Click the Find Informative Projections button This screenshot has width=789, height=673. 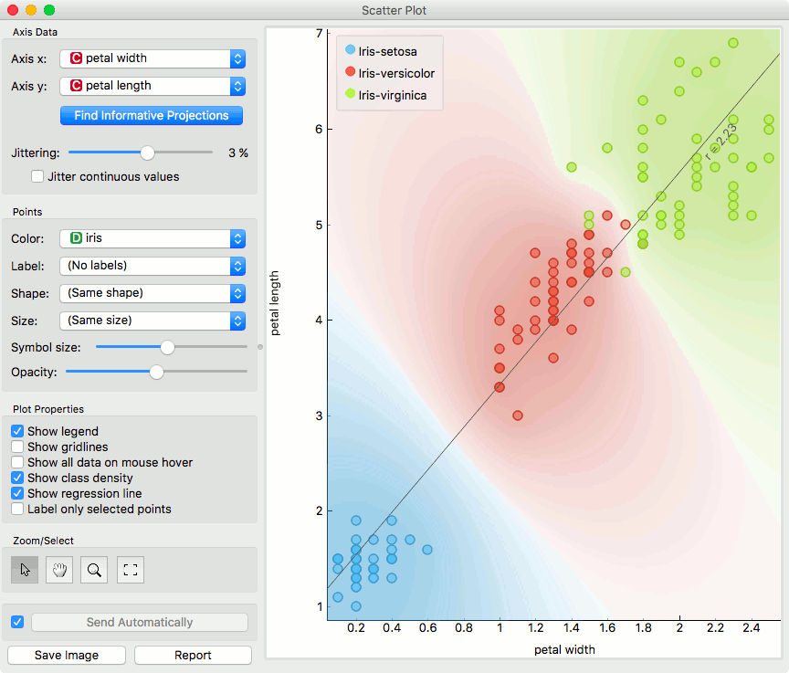[152, 116]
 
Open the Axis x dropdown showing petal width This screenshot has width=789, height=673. [153, 58]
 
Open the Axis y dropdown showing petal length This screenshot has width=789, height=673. [153, 86]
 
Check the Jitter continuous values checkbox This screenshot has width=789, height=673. [37, 176]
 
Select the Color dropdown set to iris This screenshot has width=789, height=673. [153, 238]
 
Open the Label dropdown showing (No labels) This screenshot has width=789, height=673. [153, 266]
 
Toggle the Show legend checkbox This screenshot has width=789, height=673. [17, 431]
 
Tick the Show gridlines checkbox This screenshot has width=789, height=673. [17, 447]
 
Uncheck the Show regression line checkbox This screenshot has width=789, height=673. [17, 493]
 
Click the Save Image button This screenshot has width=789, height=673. [67, 655]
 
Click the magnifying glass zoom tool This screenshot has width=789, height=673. [94, 570]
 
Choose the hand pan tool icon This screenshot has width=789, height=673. [59, 570]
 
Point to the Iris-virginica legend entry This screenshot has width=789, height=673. [392, 95]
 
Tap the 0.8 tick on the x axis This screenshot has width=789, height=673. [463, 628]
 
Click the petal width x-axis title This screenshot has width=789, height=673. [564, 649]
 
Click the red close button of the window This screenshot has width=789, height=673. [13, 10]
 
